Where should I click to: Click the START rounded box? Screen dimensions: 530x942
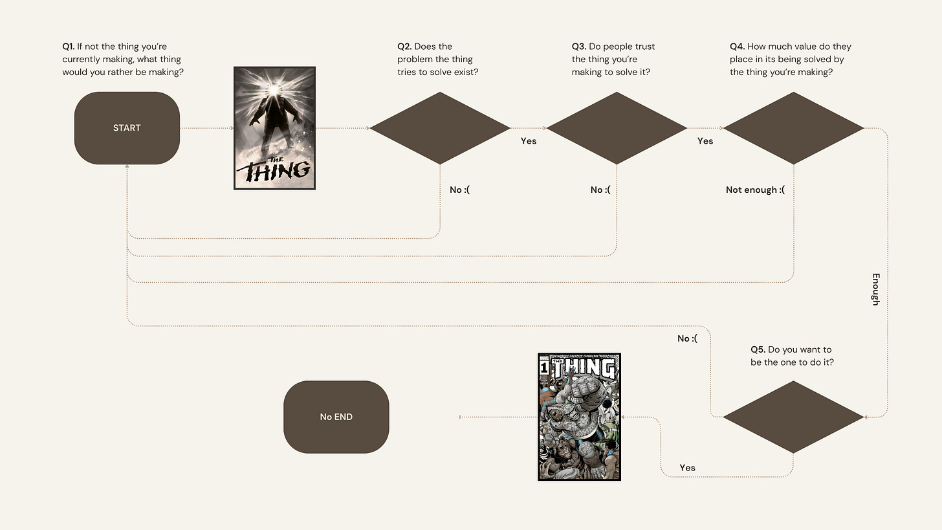coord(127,128)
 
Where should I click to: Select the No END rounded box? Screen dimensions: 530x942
coord(336,417)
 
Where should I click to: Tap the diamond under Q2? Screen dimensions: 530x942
coord(440,128)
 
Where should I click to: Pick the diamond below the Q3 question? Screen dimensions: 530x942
coord(617,128)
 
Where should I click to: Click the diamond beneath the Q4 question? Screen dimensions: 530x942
coord(793,128)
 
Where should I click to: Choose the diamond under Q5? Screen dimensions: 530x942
coord(793,417)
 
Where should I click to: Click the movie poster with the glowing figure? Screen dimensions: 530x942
coord(274,128)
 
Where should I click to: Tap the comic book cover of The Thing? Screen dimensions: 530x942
coord(579,417)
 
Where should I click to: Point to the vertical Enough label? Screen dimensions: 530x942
coord(875,289)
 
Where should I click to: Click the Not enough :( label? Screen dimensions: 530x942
coord(755,190)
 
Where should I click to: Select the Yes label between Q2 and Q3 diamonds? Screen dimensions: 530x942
coord(529,141)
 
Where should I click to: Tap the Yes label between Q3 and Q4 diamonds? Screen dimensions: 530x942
coord(705,141)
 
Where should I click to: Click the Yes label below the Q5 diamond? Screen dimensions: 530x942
coord(687,468)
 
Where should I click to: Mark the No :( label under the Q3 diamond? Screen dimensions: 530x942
coord(600,190)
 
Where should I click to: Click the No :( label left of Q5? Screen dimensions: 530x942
coord(687,338)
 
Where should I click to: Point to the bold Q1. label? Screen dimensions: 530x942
coord(68,47)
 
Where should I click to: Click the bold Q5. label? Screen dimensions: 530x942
coord(758,350)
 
